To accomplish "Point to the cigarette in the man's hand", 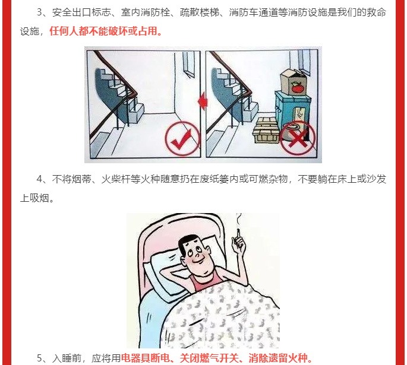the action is pyautogui.click(x=238, y=233).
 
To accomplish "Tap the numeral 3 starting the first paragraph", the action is pyautogui.click(x=39, y=12).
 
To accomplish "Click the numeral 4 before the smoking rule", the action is pyautogui.click(x=39, y=179).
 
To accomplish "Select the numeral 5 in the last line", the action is pyautogui.click(x=39, y=358).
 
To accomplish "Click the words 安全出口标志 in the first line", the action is pyautogui.click(x=81, y=12).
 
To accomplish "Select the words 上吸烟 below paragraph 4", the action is pyautogui.click(x=35, y=198).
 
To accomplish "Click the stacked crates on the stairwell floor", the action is pyautogui.click(x=266, y=130).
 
